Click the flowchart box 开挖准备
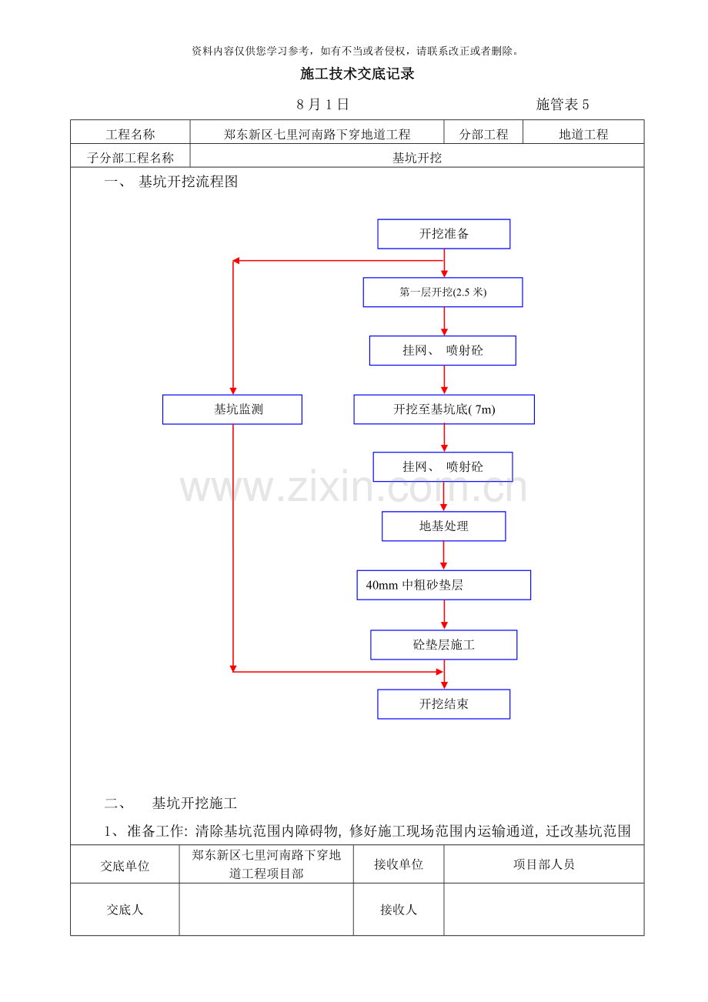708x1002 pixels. click(443, 233)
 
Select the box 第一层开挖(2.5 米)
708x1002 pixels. click(442, 292)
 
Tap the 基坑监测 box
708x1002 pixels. click(232, 409)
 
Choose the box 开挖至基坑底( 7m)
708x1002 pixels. click(444, 409)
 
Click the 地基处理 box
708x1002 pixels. click(443, 526)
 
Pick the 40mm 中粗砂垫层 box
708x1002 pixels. click(443, 585)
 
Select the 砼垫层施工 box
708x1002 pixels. click(443, 645)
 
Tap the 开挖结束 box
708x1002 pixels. click(443, 704)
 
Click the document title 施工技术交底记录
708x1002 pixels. click(357, 74)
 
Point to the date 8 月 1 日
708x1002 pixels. click(322, 105)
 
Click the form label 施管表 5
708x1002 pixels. click(563, 105)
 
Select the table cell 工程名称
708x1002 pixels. click(130, 134)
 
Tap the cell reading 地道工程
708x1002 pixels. click(583, 134)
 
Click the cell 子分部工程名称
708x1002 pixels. click(130, 158)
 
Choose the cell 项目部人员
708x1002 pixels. click(543, 863)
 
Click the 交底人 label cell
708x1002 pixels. click(125, 909)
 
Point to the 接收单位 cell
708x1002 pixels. click(398, 863)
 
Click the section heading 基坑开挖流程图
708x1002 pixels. click(188, 182)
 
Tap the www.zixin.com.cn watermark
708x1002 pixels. click(353, 487)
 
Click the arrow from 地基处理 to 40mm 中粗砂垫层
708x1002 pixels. click(443, 556)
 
